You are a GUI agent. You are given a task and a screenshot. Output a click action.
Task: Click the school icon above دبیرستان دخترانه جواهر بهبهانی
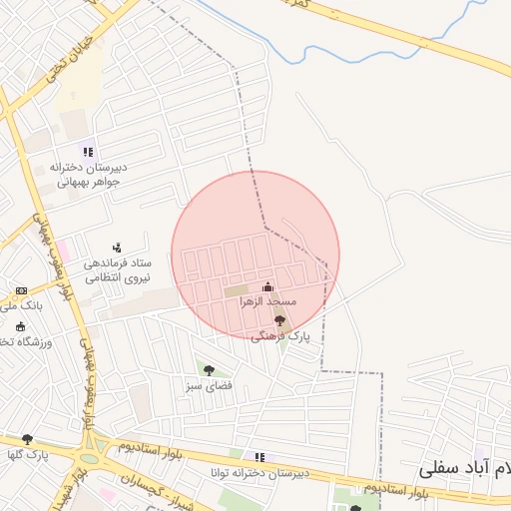tap(89, 152)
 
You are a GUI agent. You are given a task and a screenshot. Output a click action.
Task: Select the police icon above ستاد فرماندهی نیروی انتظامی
tap(118, 247)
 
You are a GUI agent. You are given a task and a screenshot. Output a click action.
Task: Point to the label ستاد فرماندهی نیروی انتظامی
tap(116, 270)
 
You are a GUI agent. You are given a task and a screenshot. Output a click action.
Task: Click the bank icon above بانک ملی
tap(21, 291)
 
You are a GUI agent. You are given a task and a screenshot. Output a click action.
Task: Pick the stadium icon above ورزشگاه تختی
tap(21, 326)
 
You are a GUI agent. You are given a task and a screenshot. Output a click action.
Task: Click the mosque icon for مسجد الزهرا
tap(266, 287)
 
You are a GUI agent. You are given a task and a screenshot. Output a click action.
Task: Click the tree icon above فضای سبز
tap(209, 370)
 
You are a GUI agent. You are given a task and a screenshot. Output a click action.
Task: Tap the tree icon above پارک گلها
tap(27, 439)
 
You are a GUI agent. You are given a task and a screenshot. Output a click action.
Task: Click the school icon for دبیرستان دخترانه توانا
tap(259, 457)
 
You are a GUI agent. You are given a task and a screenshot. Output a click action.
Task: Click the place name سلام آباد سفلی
tap(469, 468)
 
